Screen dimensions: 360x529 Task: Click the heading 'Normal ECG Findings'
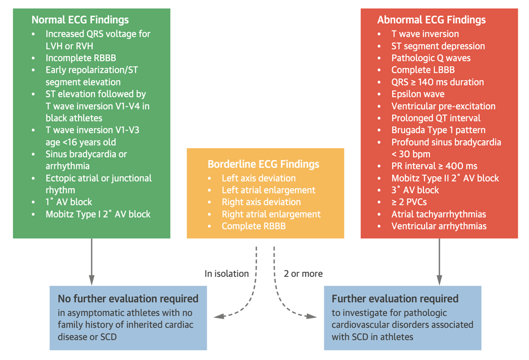[80, 20]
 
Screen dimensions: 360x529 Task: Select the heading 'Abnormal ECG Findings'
[431, 20]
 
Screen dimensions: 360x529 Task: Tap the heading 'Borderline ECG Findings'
[263, 164]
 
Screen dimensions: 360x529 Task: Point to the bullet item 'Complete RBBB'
[253, 226]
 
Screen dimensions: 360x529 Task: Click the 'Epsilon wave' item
[418, 94]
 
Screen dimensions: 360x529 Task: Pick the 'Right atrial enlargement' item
[271, 214]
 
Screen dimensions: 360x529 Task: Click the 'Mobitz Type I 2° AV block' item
[98, 214]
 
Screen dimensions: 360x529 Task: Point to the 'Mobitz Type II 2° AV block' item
[445, 178]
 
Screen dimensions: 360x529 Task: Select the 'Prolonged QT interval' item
[436, 118]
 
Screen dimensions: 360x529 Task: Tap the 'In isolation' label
[227, 274]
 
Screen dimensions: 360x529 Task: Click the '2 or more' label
[303, 274]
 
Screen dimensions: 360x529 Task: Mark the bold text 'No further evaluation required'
[128, 298]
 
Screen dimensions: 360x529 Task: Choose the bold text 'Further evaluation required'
[395, 298]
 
